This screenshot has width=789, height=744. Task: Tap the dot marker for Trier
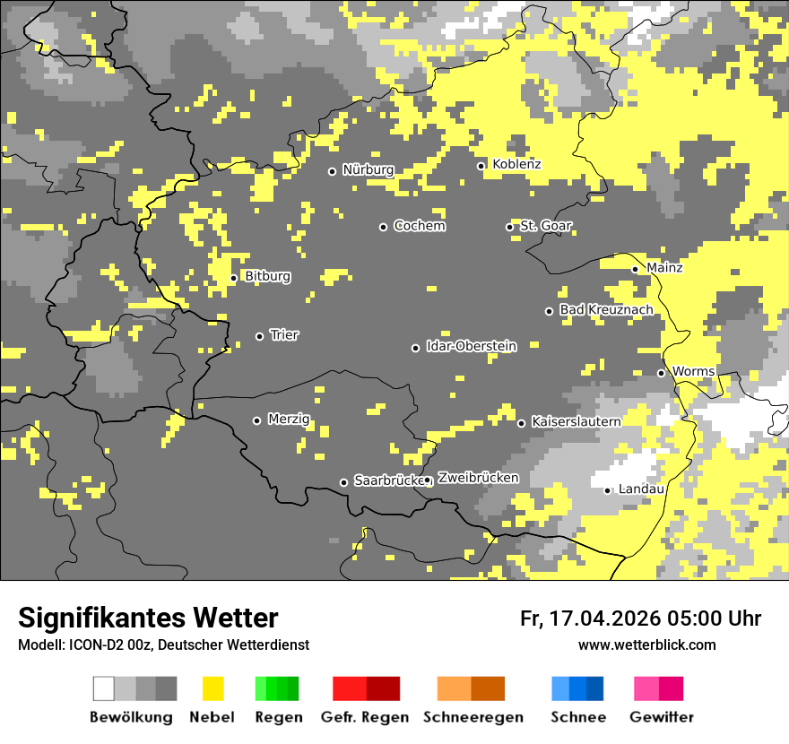(x=260, y=336)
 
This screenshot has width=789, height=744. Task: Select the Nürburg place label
(x=368, y=169)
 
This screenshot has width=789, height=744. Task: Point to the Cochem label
(x=419, y=226)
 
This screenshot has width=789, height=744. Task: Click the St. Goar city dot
(x=510, y=227)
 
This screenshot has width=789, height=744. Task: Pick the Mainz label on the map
(x=664, y=267)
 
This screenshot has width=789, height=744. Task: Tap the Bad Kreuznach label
(x=606, y=309)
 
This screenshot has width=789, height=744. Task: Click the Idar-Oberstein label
(x=471, y=346)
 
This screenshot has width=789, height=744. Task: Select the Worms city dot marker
(x=662, y=373)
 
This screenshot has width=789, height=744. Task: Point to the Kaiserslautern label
(x=576, y=421)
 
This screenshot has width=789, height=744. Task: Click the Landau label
(x=641, y=489)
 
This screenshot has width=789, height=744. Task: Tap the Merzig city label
(x=289, y=419)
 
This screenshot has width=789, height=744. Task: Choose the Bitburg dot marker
(x=234, y=278)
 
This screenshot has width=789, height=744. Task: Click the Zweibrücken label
(x=478, y=478)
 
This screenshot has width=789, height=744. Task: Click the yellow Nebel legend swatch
(x=212, y=688)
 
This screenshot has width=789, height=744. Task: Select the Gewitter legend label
(x=661, y=717)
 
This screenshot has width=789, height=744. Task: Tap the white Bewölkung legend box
(x=104, y=688)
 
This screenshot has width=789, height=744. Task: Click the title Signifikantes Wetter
(x=148, y=618)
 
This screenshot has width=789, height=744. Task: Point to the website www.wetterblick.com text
(x=646, y=645)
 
